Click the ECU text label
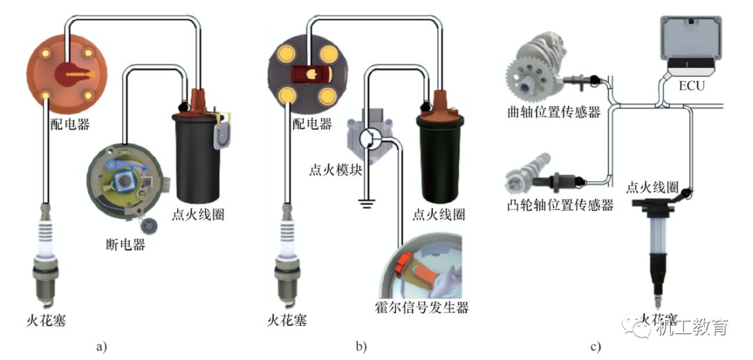click(x=692, y=87)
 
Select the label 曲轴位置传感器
click(x=554, y=112)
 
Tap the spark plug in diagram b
click(x=286, y=258)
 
